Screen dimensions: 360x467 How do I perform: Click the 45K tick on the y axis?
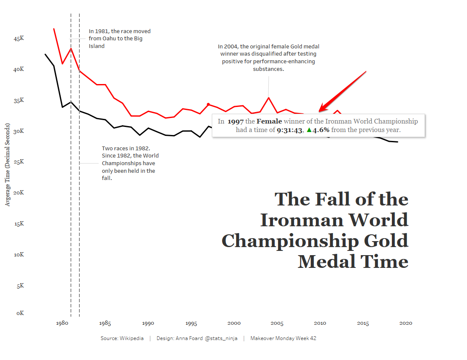tap(19, 39)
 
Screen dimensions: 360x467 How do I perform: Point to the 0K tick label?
tap(20, 313)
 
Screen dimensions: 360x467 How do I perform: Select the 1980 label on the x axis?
tap(62, 323)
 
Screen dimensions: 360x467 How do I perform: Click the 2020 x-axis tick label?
tap(406, 323)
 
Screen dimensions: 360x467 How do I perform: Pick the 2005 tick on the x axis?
tap(277, 323)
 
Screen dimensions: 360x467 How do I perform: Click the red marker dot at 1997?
tap(208, 104)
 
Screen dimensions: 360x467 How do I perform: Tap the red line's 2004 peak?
tap(268, 98)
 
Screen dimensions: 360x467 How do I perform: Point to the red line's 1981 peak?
tap(71, 48)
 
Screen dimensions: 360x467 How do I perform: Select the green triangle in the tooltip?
tap(309, 130)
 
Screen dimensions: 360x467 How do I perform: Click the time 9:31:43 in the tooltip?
tap(289, 130)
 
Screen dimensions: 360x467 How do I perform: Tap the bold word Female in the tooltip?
tap(269, 121)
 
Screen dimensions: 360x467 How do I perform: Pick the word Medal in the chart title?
tap(326, 261)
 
